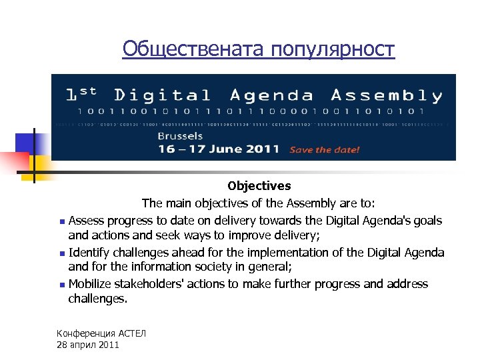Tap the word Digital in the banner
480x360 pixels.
[162, 96]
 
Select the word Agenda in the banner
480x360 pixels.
[271, 96]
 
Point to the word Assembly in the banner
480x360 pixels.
[387, 96]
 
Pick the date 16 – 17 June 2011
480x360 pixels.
[218, 149]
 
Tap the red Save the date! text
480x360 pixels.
[325, 150]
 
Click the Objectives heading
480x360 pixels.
[259, 186]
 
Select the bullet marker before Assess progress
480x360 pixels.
[61, 221]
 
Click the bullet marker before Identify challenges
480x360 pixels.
[61, 253]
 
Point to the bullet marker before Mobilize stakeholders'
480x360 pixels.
[61, 285]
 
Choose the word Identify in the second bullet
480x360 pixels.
[89, 253]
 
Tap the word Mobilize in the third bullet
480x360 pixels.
[90, 284]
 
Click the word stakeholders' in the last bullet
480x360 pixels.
[147, 284]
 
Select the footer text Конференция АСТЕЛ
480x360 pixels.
[101, 333]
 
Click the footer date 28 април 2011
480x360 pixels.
[88, 345]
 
